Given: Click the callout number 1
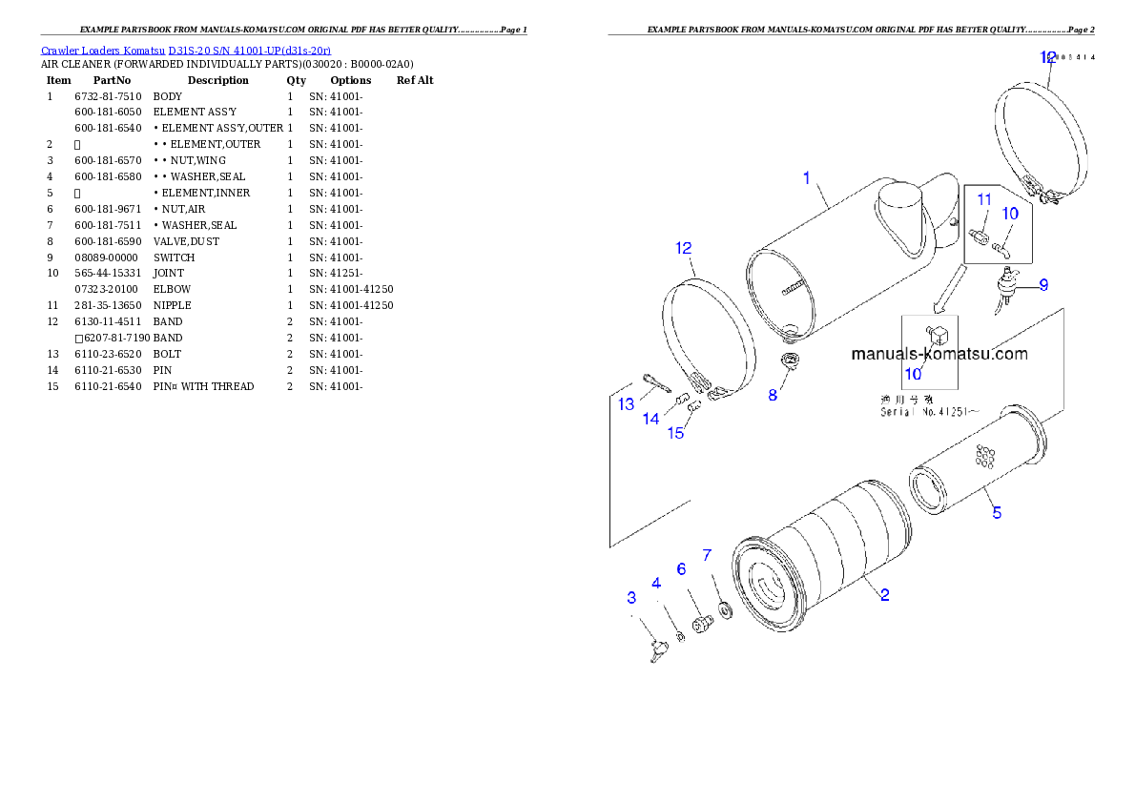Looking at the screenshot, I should pyautogui.click(x=806, y=178).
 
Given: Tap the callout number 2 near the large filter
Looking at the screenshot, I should pyautogui.click(x=885, y=595).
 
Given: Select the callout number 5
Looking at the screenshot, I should pyautogui.click(x=997, y=513).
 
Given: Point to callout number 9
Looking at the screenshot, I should pyautogui.click(x=1043, y=284).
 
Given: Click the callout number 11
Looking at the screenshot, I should pyautogui.click(x=984, y=200).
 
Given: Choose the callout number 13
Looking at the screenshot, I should pyautogui.click(x=626, y=404).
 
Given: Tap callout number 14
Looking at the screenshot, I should pyautogui.click(x=650, y=419).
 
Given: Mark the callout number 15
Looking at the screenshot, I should pyautogui.click(x=675, y=434).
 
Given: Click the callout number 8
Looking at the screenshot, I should pyautogui.click(x=773, y=395).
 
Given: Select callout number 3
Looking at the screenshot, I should pyautogui.click(x=631, y=598).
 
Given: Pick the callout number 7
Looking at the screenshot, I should pyautogui.click(x=707, y=554).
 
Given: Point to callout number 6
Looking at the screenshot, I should pyautogui.click(x=681, y=568).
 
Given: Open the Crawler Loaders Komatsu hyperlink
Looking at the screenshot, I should pyautogui.click(x=186, y=50).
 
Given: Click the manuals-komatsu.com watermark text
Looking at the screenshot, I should pyautogui.click(x=939, y=354).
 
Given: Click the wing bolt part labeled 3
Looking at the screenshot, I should pyautogui.click(x=656, y=651).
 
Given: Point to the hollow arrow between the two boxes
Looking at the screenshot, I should pyautogui.click(x=948, y=291).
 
